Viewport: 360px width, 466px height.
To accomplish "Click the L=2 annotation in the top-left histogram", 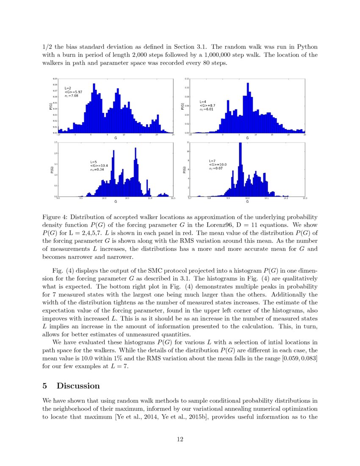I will tap(68, 87).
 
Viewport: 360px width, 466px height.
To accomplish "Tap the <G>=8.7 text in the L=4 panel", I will tap(207, 105).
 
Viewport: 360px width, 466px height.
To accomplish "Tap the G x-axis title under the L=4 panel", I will tap(247, 138).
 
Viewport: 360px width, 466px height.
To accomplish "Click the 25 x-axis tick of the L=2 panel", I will tap(174, 135).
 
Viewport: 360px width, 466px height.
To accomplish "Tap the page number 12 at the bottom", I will tap(180, 439).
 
